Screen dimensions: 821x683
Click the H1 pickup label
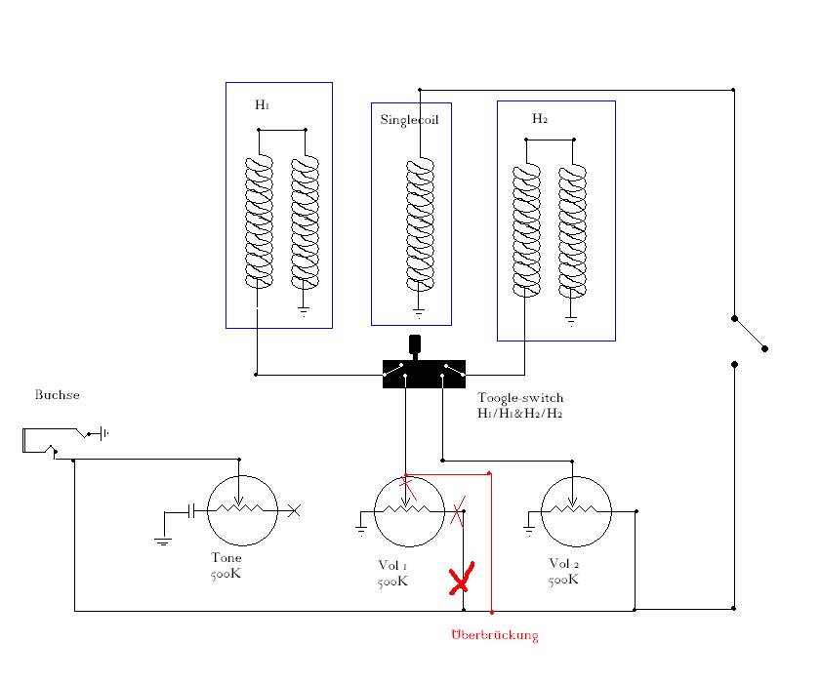pos(262,104)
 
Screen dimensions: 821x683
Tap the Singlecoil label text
pos(409,120)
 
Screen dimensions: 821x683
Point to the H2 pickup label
pos(539,119)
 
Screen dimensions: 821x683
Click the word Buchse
pos(57,394)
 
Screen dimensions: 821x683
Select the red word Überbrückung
pos(495,635)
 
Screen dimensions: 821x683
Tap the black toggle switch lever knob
pos(415,344)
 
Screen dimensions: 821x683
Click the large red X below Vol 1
pos(462,579)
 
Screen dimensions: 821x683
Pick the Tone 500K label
pos(226,566)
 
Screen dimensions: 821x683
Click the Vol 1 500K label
pos(392,573)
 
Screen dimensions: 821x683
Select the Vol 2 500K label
pos(564,571)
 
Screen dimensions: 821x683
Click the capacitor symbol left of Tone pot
pos(191,511)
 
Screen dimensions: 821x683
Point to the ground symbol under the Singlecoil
pos(419,313)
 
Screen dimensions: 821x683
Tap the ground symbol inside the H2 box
pos(571,320)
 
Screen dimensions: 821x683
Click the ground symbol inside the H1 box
pos(304,311)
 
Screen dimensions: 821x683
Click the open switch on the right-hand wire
pos(750,334)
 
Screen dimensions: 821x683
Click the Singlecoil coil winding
pos(420,224)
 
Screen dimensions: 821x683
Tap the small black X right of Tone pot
pos(294,510)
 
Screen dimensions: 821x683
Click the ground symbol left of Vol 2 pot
pos(529,530)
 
